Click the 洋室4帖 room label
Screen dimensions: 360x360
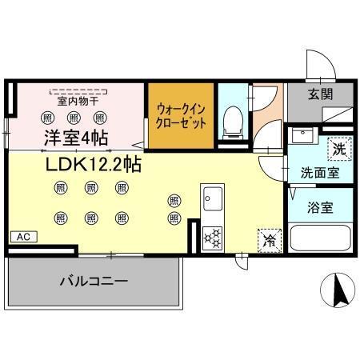pyautogui.click(x=75, y=137)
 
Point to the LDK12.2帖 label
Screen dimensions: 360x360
pyautogui.click(x=88, y=165)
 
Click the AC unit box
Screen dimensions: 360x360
pyautogui.click(x=22, y=237)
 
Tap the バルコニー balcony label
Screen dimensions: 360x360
pyautogui.click(x=94, y=282)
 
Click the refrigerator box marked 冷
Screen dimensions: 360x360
pyautogui.click(x=268, y=238)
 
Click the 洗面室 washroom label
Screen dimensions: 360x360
pyautogui.click(x=318, y=172)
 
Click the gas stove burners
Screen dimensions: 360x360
pyautogui.click(x=213, y=237)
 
